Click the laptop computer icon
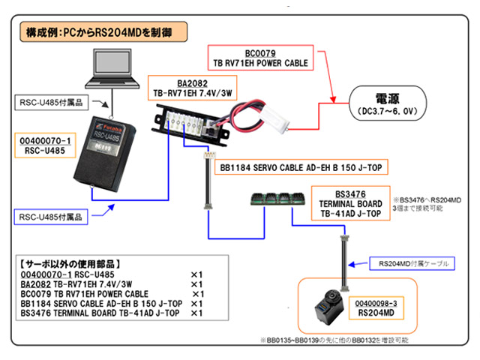click(x=112, y=68)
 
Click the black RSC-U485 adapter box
click(x=105, y=154)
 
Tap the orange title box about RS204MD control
click(x=103, y=31)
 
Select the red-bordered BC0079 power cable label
click(x=260, y=58)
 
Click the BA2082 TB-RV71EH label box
click(x=192, y=88)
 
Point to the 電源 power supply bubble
click(x=388, y=103)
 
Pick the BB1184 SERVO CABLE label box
click(x=301, y=167)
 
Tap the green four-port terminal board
click(x=278, y=199)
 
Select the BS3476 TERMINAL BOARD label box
click(x=351, y=203)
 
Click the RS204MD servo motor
click(x=329, y=307)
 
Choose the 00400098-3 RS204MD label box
click(x=376, y=308)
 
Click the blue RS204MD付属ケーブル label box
click(x=412, y=263)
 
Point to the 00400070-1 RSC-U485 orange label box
click(x=45, y=145)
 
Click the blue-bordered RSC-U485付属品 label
click(x=51, y=217)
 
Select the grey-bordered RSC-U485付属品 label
click(x=52, y=103)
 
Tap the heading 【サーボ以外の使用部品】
click(x=70, y=264)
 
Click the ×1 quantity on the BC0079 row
click(x=198, y=294)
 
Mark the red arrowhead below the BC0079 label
click(x=333, y=100)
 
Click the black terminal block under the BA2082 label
click(x=190, y=125)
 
